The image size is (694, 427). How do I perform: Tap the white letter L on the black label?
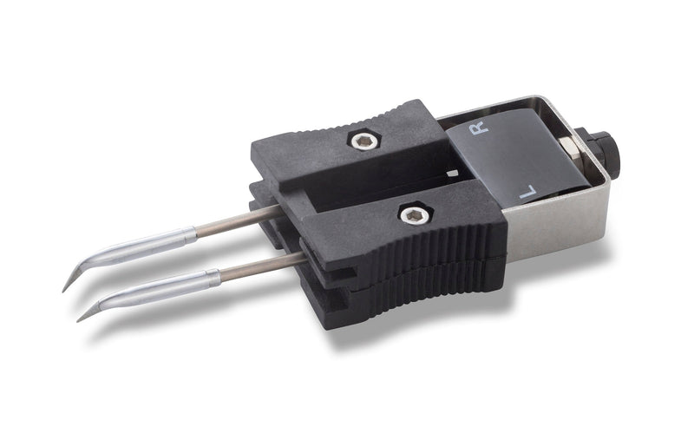(527, 191)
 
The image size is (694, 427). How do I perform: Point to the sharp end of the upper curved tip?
(62, 292)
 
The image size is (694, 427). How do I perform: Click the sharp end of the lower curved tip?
(78, 321)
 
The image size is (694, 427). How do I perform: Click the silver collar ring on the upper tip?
(190, 233)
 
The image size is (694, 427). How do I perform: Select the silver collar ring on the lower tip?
(213, 279)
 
